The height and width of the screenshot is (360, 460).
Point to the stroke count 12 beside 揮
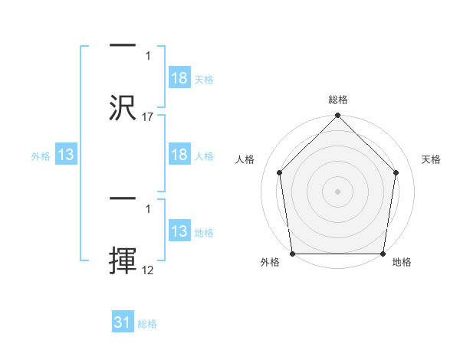[148, 270]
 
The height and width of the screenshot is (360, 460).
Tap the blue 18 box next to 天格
[179, 79]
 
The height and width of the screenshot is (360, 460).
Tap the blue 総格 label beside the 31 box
[147, 324]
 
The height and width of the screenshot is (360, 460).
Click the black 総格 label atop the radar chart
[338, 100]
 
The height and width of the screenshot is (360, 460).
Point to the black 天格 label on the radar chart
[432, 159]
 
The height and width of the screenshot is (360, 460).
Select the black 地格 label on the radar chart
[402, 262]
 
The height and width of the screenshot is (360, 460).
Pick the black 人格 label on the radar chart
[245, 159]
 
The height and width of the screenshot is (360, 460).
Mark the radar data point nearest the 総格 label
[338, 116]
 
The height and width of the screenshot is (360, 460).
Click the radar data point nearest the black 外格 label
[292, 254]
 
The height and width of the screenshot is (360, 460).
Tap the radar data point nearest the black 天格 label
[396, 172]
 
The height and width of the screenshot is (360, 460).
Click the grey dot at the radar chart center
[338, 191]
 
